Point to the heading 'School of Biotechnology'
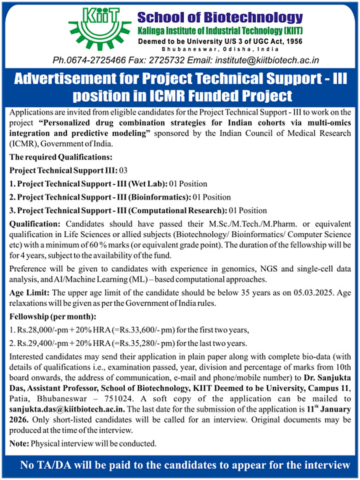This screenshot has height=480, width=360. click(220, 18)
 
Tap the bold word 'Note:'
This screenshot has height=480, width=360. click(19, 443)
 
